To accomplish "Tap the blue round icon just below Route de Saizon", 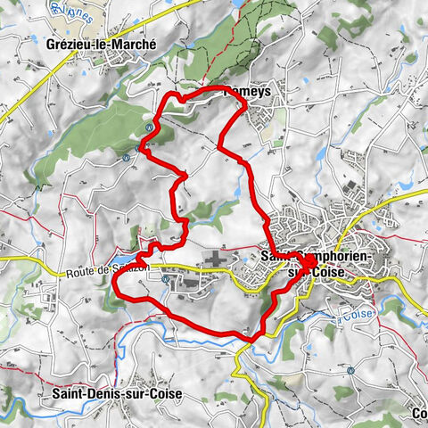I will [167, 278].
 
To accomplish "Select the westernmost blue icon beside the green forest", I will [128, 155].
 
